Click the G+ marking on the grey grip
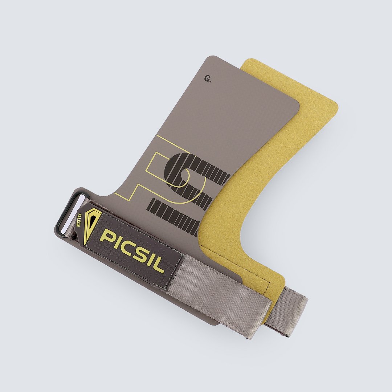208,79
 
